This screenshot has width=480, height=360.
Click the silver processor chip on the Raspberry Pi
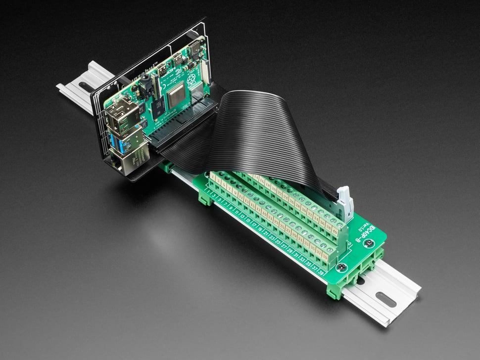(x=176, y=97)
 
